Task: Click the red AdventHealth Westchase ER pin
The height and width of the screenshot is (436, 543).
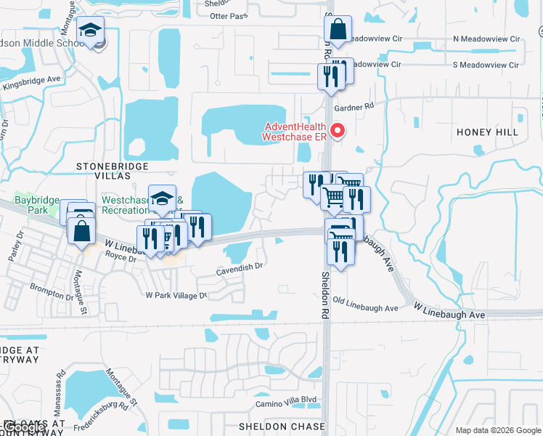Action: pyautogui.click(x=337, y=131)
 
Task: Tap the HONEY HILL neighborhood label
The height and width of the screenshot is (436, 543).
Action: pyautogui.click(x=487, y=132)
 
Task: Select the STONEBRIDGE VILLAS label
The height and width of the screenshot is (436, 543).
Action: pyautogui.click(x=103, y=171)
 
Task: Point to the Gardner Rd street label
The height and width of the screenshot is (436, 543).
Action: pyautogui.click(x=354, y=106)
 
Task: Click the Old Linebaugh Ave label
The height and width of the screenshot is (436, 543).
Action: pyautogui.click(x=365, y=308)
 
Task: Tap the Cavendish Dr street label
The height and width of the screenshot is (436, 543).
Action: pyautogui.click(x=239, y=267)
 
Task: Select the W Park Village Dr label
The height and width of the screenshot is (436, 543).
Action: pyautogui.click(x=176, y=296)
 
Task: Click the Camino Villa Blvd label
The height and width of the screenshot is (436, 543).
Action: pyautogui.click(x=286, y=401)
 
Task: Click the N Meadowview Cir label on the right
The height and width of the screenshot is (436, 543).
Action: pyautogui.click(x=486, y=39)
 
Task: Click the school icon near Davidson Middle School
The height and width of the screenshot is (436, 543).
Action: pyautogui.click(x=91, y=31)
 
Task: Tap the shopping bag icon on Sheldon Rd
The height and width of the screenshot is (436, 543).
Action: pyautogui.click(x=338, y=31)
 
